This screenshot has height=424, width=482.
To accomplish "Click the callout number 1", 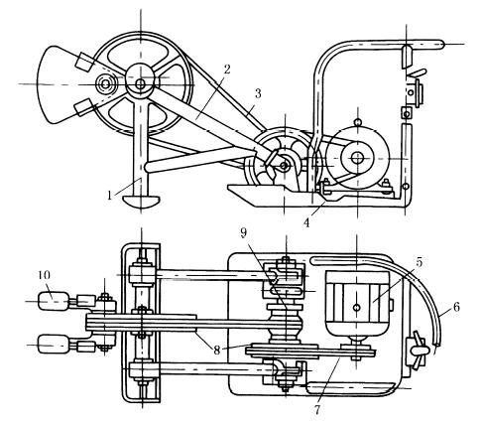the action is pos(110,195).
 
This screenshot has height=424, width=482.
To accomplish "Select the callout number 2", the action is pos(227,70).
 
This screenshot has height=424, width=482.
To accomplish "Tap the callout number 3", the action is pos(258,94).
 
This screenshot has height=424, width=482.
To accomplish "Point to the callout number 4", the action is pos(306,222).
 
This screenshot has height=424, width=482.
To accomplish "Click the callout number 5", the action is pos(420,263).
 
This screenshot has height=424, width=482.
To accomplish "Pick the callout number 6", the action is pos(456,308).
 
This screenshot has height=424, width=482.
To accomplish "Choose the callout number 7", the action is pos(317,410).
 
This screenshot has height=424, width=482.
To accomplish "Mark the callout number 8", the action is pos(216,351).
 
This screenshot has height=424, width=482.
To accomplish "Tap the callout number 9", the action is pos(243,232).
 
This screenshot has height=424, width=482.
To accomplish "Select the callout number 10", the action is pos(45,275).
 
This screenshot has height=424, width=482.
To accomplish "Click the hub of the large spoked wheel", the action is pos(140,83).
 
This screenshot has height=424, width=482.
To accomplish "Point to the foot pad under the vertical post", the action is pos(141,201).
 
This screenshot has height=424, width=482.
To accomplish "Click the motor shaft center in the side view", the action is pos(357,158).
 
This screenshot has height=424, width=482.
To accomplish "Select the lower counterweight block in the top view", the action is pos(54,345).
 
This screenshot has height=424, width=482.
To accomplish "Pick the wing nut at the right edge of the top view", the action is pos(419,350).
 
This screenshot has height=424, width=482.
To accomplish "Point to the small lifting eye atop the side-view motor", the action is pos(357,122).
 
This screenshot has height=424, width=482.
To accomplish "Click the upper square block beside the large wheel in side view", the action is pos(85,62).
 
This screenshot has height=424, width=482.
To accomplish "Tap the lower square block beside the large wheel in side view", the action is pos(84,107).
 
